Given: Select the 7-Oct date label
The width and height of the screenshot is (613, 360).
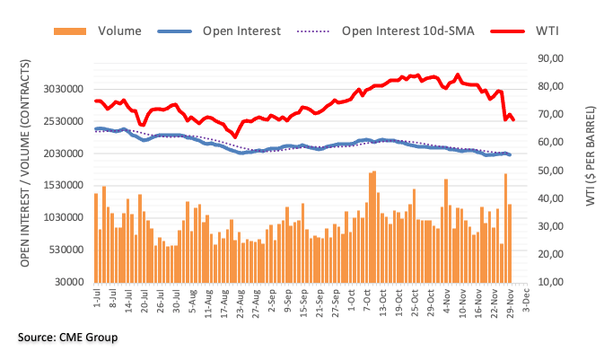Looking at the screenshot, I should (x=367, y=298).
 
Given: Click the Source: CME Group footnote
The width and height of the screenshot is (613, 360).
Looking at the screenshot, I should (x=66, y=338).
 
